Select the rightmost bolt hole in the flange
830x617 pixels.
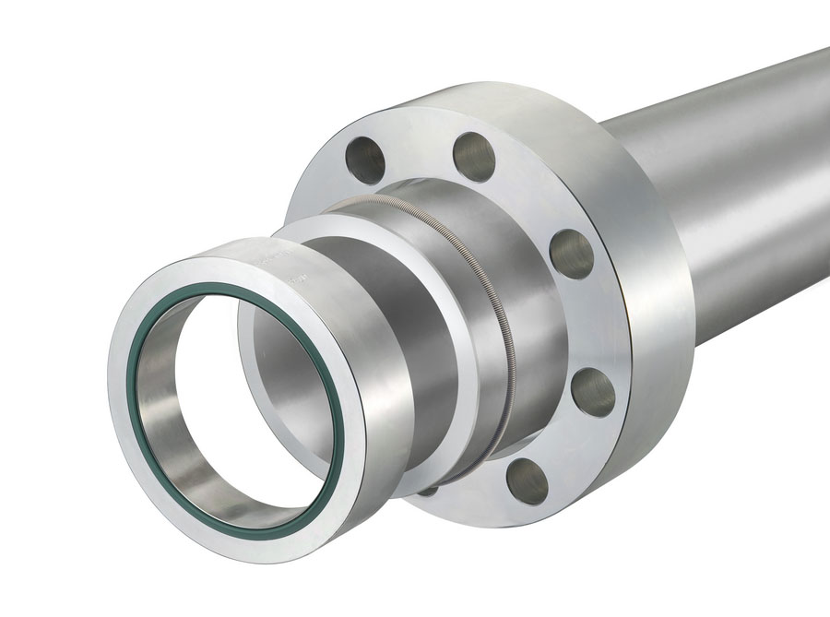[x=593, y=391]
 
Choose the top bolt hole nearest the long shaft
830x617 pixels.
[x=474, y=156]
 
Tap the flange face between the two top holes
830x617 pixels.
[x=420, y=148]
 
